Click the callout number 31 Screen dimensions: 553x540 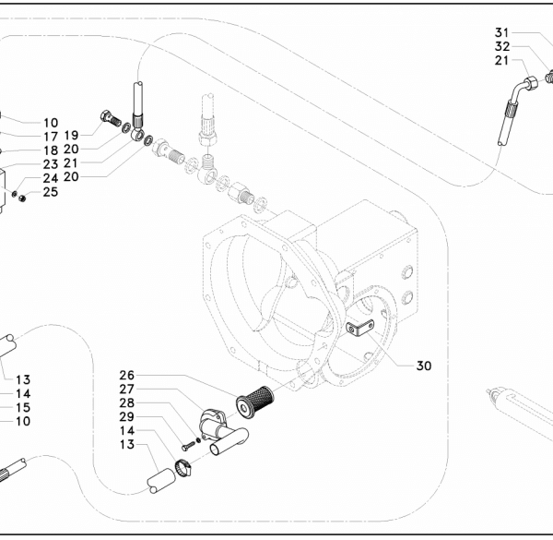pyautogui.click(x=502, y=32)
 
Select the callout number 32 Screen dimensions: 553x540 pyautogui.click(x=502, y=46)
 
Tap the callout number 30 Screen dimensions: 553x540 pyautogui.click(x=424, y=366)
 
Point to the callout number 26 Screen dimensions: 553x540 pyautogui.click(x=127, y=375)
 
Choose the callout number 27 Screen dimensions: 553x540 pyautogui.click(x=127, y=389)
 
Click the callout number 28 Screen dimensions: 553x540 pyautogui.click(x=127, y=402)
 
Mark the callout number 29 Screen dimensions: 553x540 pyautogui.click(x=127, y=416)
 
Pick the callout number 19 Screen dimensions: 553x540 pyautogui.click(x=71, y=135)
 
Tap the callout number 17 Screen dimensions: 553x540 pyautogui.click(x=51, y=137)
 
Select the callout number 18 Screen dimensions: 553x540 pyautogui.click(x=51, y=150)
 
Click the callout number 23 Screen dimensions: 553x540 pyautogui.click(x=51, y=164)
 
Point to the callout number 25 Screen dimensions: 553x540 pyautogui.click(x=51, y=192)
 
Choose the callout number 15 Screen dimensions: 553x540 pyautogui.click(x=23, y=408)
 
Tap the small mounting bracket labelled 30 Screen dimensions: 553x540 pyautogui.click(x=359, y=327)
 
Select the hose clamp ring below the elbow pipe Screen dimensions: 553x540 pyautogui.click(x=183, y=468)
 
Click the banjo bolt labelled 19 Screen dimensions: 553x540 pyautogui.click(x=111, y=119)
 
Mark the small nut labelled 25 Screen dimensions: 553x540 pyautogui.click(x=22, y=198)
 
